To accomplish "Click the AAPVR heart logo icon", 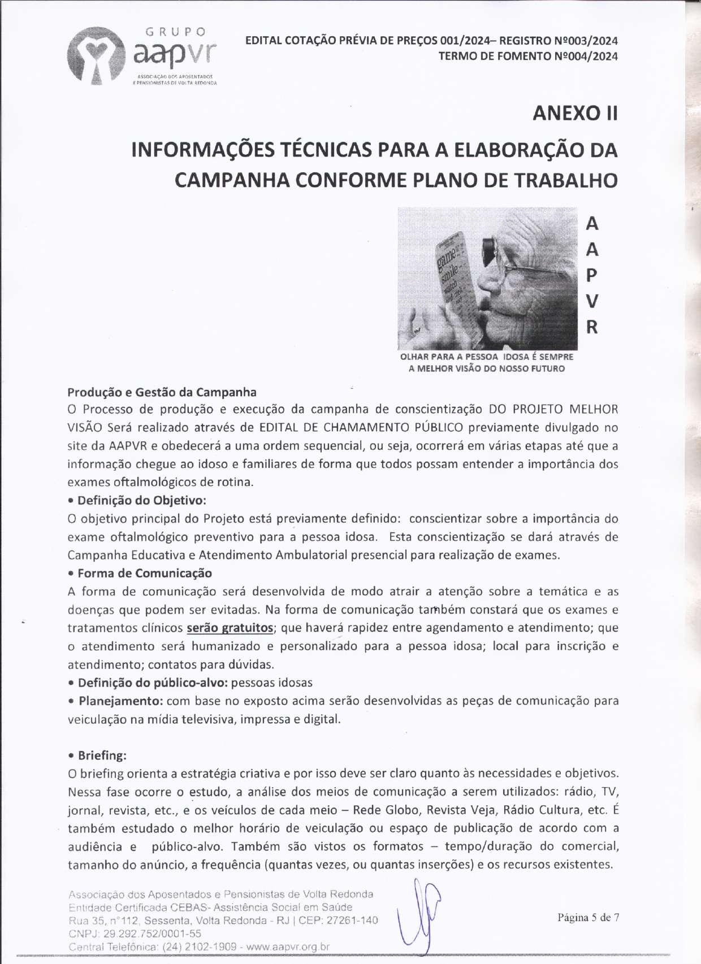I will click(x=97, y=55).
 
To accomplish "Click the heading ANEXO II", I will click(x=574, y=113).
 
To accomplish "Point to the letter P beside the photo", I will click(x=591, y=275).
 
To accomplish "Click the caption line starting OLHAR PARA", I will click(x=486, y=357).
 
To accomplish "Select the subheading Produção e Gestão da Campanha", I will click(x=162, y=392).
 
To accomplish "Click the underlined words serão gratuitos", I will click(x=230, y=628).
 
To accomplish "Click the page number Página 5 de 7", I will click(x=588, y=917).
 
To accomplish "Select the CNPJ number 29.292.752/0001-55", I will click(x=152, y=933).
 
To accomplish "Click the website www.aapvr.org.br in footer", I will click(x=288, y=946).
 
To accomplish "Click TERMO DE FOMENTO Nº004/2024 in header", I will click(x=527, y=56).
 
